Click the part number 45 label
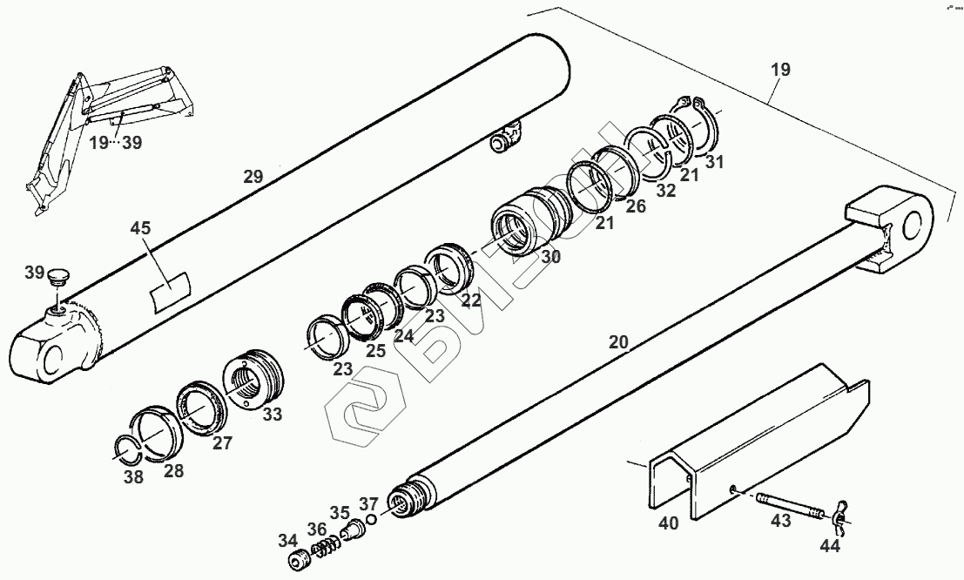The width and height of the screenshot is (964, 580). point(141,228)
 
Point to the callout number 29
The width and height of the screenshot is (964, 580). point(253,177)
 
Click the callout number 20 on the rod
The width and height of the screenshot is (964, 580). point(617,342)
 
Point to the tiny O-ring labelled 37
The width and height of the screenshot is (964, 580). point(372,520)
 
